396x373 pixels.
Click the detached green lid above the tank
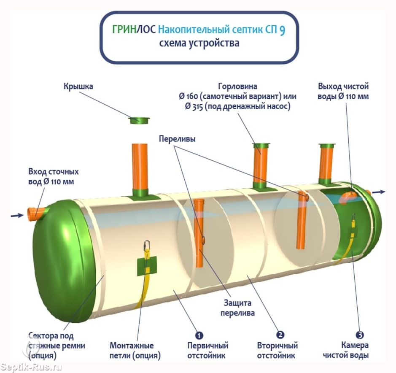click(x=139, y=121)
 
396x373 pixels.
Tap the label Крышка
click(x=78, y=86)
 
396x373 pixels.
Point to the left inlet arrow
click(x=17, y=216)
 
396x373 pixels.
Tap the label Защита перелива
click(x=238, y=308)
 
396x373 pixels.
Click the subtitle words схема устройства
click(x=199, y=43)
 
